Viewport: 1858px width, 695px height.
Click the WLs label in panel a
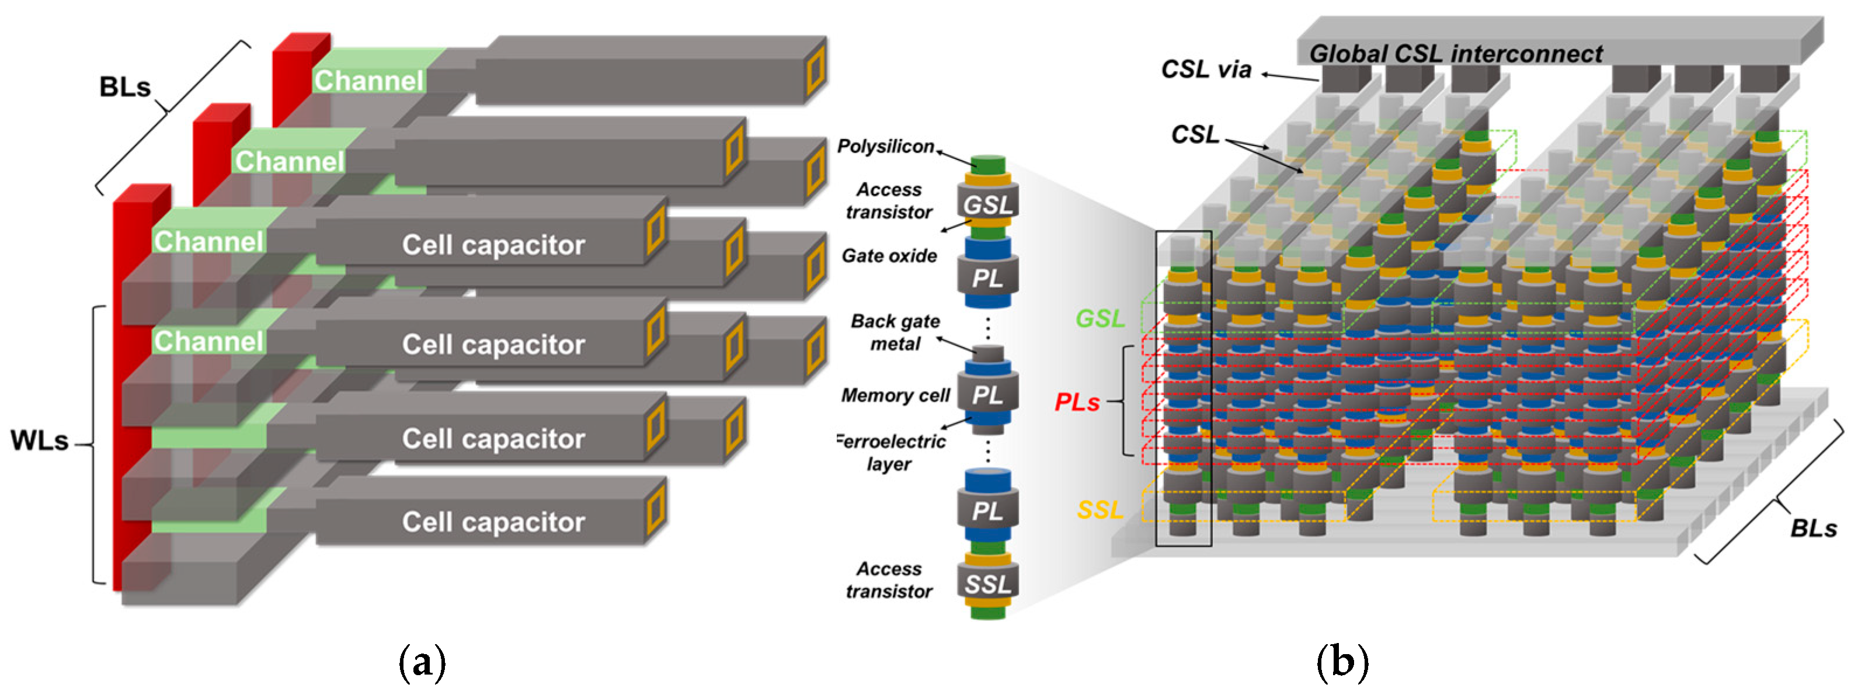pyautogui.click(x=39, y=441)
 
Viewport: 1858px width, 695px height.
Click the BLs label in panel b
pyautogui.click(x=1812, y=529)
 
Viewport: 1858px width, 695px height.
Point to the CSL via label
pyautogui.click(x=1206, y=69)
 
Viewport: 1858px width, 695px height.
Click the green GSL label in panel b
pyautogui.click(x=1100, y=318)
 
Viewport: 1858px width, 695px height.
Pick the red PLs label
pyautogui.click(x=1077, y=402)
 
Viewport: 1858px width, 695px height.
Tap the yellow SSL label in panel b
pyautogui.click(x=1100, y=510)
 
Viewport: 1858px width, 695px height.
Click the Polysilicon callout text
pyautogui.click(x=885, y=147)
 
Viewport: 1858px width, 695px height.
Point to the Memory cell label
pyautogui.click(x=895, y=395)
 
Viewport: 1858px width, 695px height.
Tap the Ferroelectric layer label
pyautogui.click(x=891, y=453)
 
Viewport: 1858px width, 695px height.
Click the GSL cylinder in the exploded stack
pyautogui.click(x=987, y=205)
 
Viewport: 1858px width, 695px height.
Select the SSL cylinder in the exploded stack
pyautogui.click(x=987, y=584)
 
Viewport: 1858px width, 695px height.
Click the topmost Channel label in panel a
pyautogui.click(x=368, y=81)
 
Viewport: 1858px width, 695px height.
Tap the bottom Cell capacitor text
pyautogui.click(x=493, y=522)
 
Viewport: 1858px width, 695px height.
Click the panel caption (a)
pyautogui.click(x=422, y=662)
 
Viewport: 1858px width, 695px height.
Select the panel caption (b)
pyautogui.click(x=1342, y=662)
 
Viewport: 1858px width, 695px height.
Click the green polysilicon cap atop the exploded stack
pyautogui.click(x=987, y=165)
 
